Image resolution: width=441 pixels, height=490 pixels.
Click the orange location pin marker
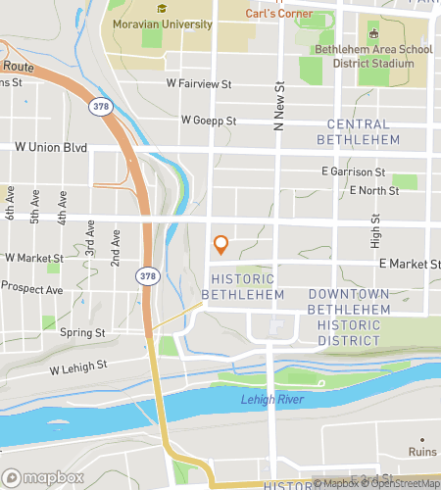click(220, 245)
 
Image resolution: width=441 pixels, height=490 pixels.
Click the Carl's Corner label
click(279, 14)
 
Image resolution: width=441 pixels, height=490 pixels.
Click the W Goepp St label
click(209, 120)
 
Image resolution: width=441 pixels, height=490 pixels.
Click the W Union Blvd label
click(51, 148)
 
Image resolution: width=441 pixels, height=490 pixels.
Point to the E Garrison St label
click(355, 171)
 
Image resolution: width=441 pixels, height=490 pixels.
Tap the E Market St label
click(407, 264)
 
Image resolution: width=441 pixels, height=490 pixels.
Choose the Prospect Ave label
click(30, 287)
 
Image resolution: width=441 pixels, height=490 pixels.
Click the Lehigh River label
click(271, 399)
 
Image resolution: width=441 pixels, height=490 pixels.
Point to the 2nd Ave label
click(115, 250)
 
